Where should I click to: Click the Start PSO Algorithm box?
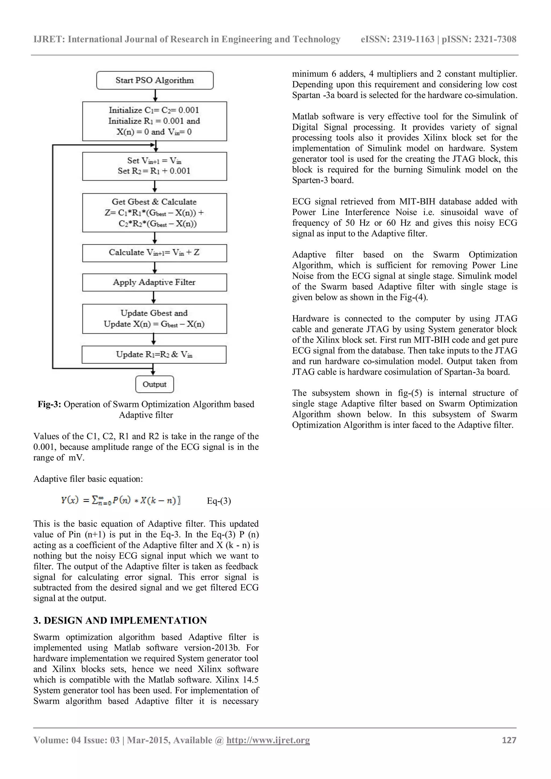[155, 80]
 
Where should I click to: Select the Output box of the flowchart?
[154, 384]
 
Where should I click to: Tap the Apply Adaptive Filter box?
[154, 282]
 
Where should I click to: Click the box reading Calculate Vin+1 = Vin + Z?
[154, 253]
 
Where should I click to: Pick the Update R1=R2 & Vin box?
[154, 355]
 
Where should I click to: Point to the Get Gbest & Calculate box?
[154, 213]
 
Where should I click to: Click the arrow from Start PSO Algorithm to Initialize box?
[155, 95]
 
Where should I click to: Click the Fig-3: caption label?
[49, 404]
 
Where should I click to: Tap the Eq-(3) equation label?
[219, 501]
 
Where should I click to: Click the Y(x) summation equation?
[121, 500]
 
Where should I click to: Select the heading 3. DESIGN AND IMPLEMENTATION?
[120, 621]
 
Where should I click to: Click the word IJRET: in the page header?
[49, 39]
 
